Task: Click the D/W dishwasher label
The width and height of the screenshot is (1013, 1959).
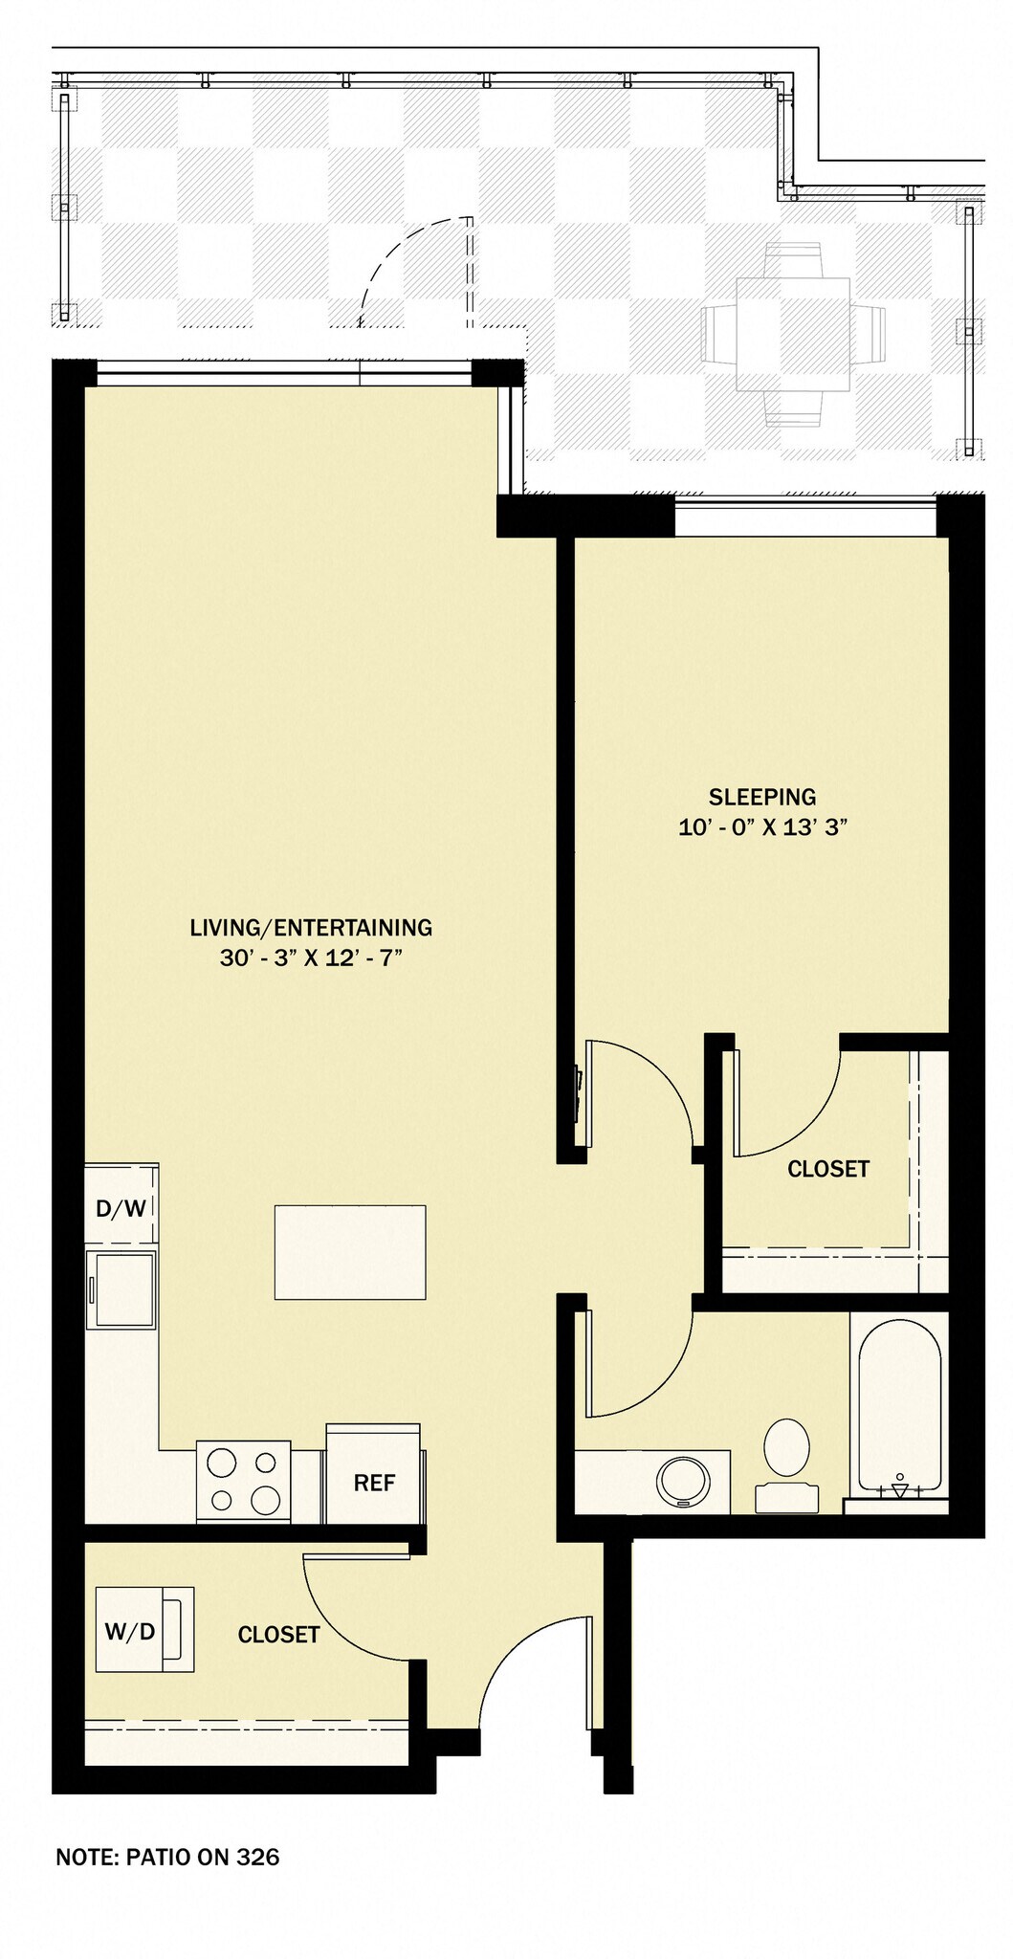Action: tap(121, 1208)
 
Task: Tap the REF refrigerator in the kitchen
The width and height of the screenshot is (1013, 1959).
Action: tap(374, 1474)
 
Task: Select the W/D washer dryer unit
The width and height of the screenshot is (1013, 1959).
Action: tap(144, 1630)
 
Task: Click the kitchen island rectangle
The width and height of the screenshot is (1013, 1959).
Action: tap(350, 1252)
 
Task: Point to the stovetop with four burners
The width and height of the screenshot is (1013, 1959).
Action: tap(244, 1481)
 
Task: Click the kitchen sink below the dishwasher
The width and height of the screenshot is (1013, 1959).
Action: tap(121, 1288)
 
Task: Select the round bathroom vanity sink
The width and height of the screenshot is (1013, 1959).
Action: tap(684, 1482)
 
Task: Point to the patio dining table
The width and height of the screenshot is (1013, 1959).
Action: tap(793, 334)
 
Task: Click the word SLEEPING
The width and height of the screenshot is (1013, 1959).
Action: tap(762, 797)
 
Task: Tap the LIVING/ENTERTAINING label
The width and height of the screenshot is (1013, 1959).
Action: tap(311, 927)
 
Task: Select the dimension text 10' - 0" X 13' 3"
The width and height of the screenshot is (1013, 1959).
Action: tap(763, 827)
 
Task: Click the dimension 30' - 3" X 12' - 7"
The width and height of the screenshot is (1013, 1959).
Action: tap(311, 957)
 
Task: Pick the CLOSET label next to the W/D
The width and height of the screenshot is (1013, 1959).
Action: tap(278, 1635)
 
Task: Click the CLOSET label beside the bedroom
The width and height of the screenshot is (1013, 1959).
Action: tap(828, 1169)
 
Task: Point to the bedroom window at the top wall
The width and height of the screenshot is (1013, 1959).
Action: tap(805, 517)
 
